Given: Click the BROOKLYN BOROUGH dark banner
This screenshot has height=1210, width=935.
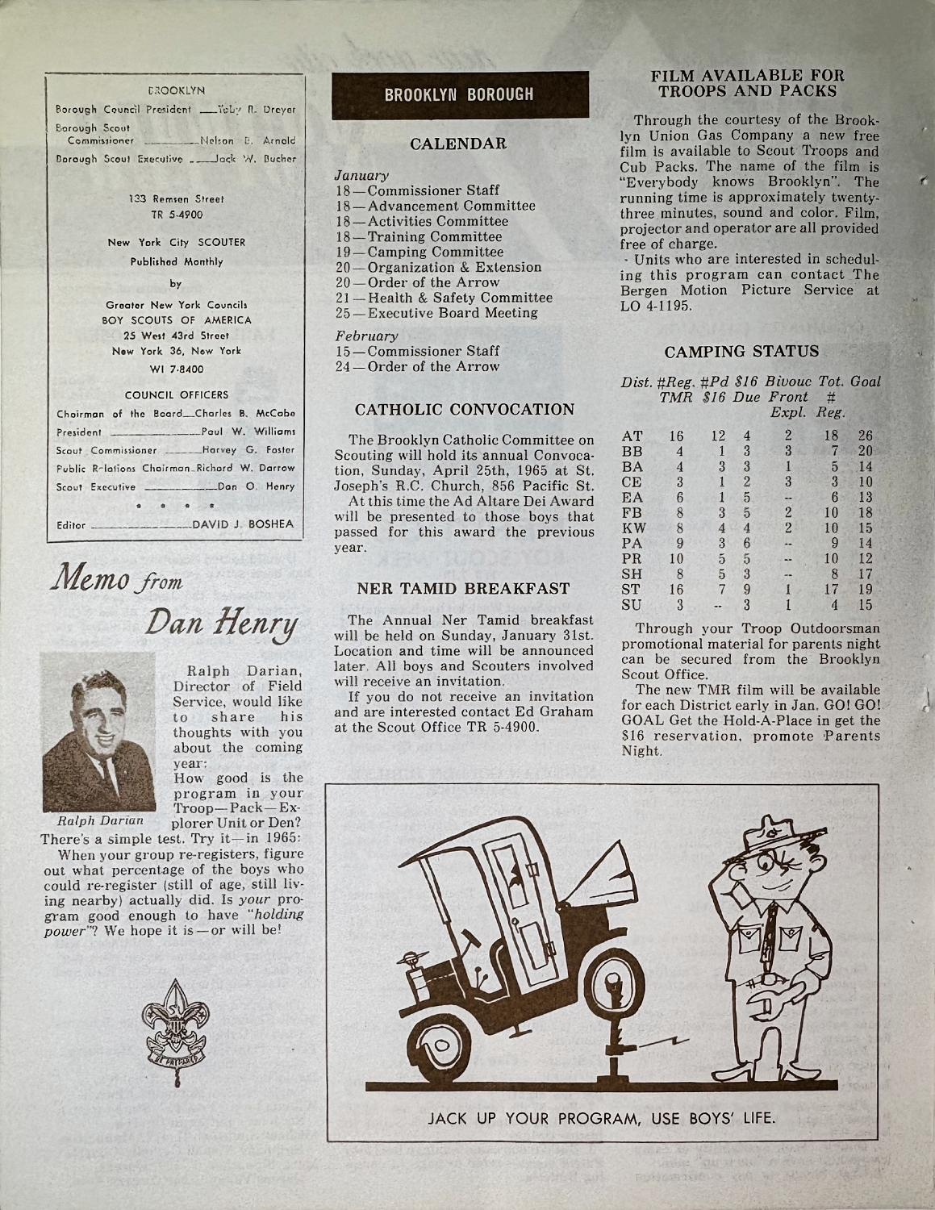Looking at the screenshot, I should pyautogui.click(x=458, y=94).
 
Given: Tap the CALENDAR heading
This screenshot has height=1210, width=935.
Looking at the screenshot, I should pyautogui.click(x=458, y=144).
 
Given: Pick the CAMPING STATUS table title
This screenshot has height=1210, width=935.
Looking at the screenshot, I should pyautogui.click(x=741, y=352).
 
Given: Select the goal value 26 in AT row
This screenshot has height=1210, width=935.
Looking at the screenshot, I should pyautogui.click(x=866, y=436).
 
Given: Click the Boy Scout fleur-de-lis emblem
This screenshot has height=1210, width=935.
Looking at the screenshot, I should pyautogui.click(x=176, y=1024).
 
